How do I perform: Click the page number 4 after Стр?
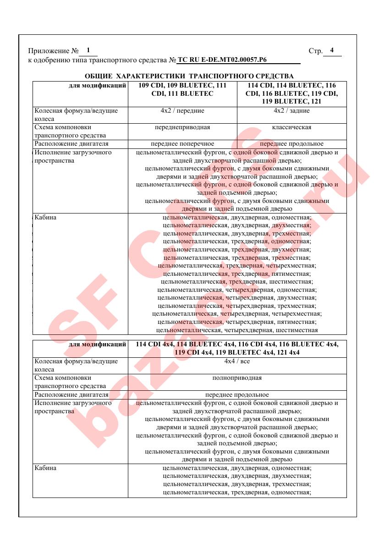coord(332,50)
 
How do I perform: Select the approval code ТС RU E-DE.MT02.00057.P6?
coord(222,60)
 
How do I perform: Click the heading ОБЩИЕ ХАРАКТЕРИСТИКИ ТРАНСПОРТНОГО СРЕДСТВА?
coord(189,76)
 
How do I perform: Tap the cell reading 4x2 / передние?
coord(182,111)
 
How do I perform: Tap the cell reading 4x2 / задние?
coord(291,111)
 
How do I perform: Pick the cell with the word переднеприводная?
coord(182,127)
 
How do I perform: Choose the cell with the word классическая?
coord(291,127)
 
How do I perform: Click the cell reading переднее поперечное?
coord(182,144)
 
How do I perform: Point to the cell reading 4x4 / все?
coord(237,361)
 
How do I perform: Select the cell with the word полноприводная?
coord(237,378)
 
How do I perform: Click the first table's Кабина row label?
coord(46,217)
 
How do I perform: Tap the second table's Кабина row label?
coord(46,468)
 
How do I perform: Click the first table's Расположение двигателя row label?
coord(71,144)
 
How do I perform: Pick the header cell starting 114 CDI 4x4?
coord(237,349)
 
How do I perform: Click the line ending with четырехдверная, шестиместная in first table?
coord(237,330)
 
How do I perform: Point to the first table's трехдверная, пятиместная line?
coord(237,273)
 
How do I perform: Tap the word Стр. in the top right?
coord(316,51)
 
